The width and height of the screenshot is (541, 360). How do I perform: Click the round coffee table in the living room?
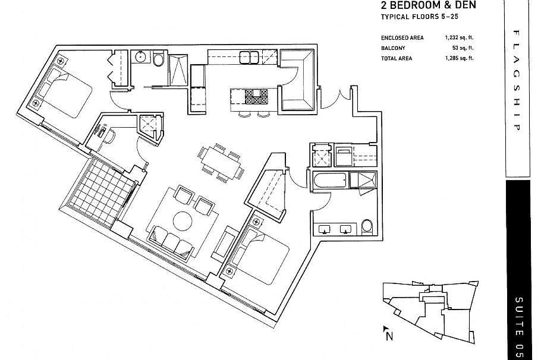[x=183, y=222]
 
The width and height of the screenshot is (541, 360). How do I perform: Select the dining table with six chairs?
[x=221, y=162]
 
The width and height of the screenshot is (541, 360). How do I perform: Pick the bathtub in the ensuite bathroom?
[x=328, y=181]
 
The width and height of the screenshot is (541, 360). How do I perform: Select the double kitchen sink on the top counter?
[x=248, y=57]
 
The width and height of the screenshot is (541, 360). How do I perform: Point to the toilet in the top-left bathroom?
[x=158, y=59]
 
